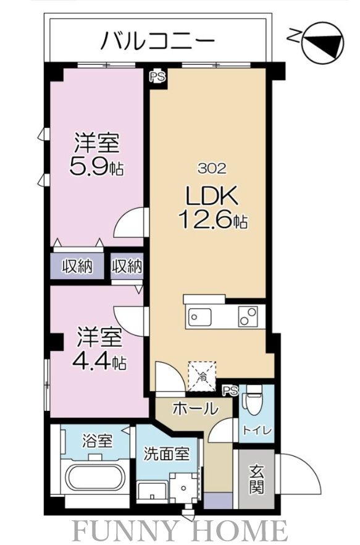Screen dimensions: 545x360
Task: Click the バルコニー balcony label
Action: tap(157, 41)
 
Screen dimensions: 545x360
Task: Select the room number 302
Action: tap(212, 167)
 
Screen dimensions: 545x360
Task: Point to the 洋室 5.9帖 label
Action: tap(98, 155)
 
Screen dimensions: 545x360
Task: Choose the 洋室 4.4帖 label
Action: tap(101, 350)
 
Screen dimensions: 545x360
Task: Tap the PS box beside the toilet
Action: tap(230, 389)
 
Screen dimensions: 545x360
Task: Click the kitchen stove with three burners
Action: tap(249, 316)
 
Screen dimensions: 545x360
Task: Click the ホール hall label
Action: tap(195, 408)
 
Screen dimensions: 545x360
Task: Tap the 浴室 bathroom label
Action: tap(97, 442)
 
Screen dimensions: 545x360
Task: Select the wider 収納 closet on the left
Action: tap(77, 266)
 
